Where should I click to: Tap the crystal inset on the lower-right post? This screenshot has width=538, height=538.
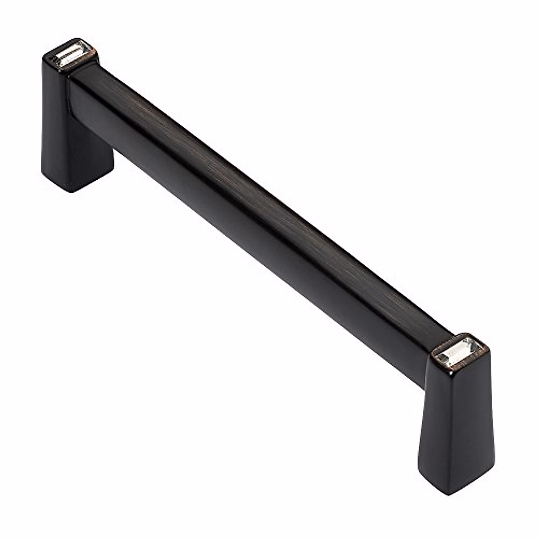(x=460, y=350)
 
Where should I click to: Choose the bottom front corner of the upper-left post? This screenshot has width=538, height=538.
(x=72, y=191)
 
